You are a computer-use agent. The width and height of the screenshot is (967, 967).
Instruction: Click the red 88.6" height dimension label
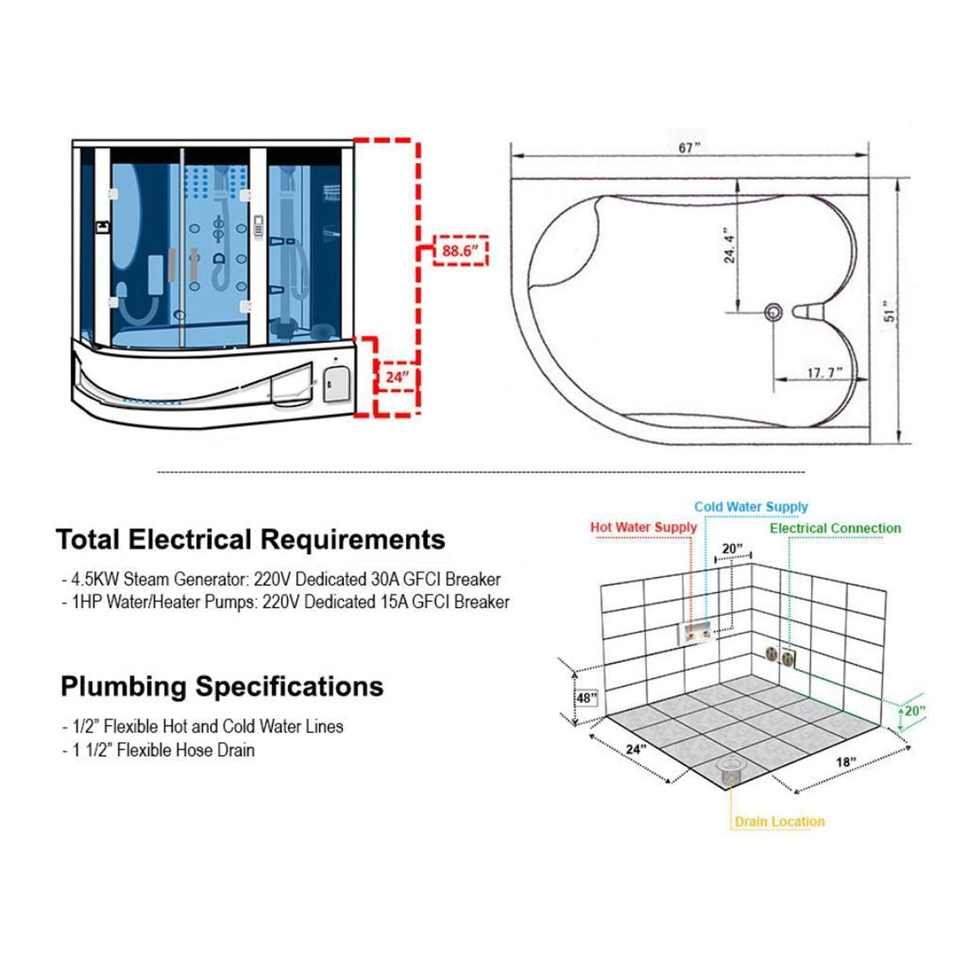(x=460, y=251)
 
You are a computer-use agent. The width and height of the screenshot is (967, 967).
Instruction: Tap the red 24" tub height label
(x=397, y=377)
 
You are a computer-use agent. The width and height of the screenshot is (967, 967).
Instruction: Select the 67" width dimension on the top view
(x=689, y=148)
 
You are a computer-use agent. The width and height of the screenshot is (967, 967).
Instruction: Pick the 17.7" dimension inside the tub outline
(x=824, y=373)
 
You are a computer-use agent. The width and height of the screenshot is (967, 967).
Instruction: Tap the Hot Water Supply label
(x=643, y=527)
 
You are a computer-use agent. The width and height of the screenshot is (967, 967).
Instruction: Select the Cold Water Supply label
(x=751, y=507)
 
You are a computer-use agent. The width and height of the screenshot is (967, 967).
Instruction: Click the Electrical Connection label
(x=835, y=528)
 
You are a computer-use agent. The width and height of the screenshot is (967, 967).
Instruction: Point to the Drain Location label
(x=780, y=821)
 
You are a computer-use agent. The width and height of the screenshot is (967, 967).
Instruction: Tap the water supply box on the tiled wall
(x=697, y=632)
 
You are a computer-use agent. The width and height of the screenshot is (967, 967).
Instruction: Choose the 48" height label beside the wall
(x=586, y=698)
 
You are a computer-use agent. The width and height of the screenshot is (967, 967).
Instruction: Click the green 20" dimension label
(x=914, y=711)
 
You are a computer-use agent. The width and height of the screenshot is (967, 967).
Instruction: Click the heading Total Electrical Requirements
(x=250, y=539)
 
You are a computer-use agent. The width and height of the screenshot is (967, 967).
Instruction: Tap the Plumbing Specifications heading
(x=222, y=686)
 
